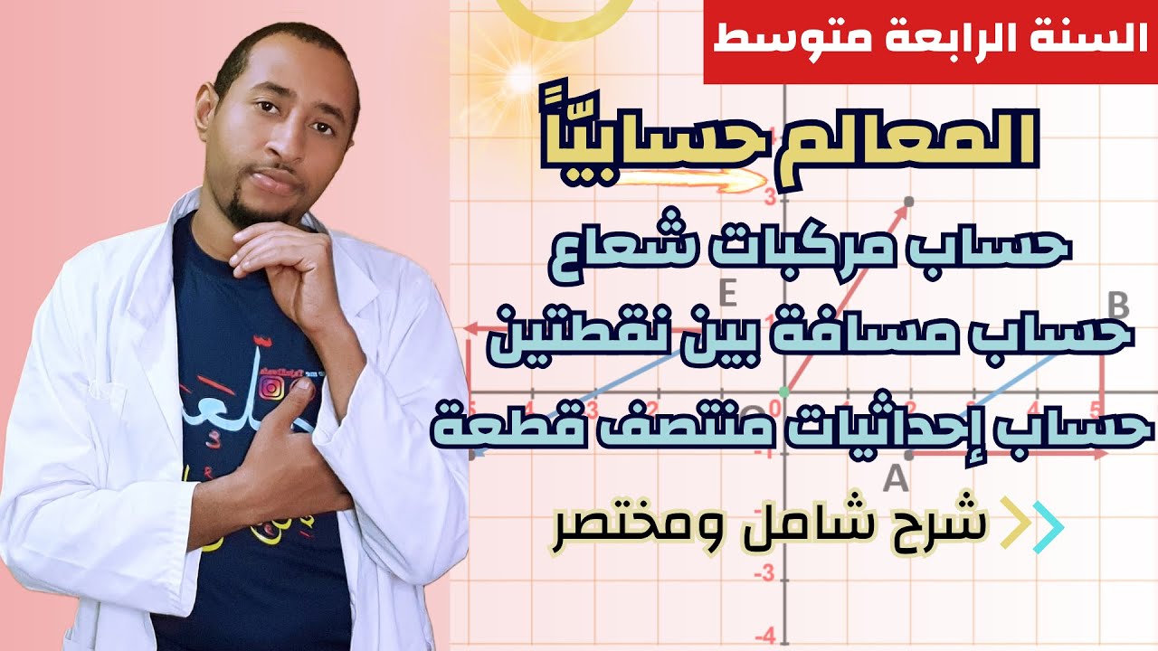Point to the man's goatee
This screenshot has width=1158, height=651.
tap(248, 212)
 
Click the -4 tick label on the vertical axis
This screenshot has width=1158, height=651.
tap(766, 633)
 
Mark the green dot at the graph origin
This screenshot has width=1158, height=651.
tap(784, 392)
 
